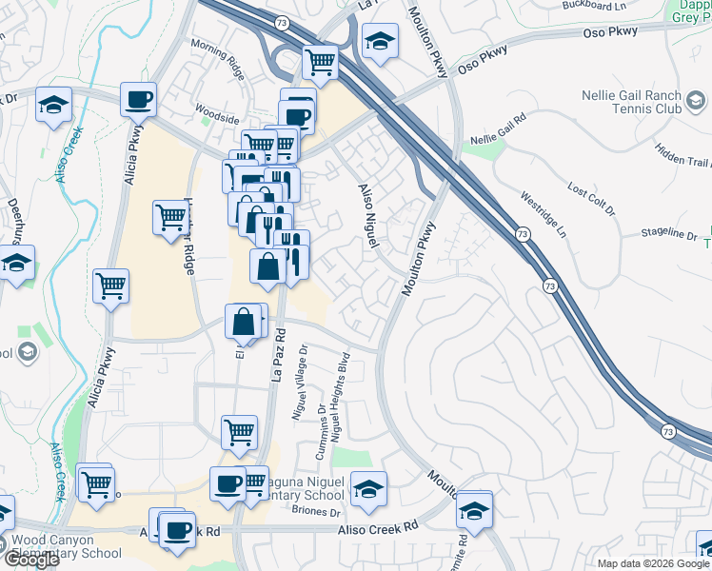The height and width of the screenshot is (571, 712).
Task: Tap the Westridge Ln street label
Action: point(543,216)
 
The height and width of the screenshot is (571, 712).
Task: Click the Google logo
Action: point(31,560)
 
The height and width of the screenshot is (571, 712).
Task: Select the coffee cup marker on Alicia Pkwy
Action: point(139,99)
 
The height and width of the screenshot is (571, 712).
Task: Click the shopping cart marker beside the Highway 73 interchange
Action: point(321,63)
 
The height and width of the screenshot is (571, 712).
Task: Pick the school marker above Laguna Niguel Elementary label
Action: point(368,489)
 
